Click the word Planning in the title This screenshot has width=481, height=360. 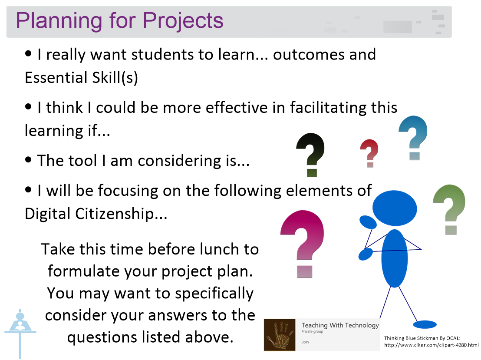pos(56,21)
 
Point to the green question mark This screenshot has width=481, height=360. pos(450,209)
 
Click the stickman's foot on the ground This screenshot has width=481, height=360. pos(424,324)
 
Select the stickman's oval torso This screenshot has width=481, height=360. pos(394,258)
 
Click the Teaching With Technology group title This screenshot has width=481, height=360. pos(340,325)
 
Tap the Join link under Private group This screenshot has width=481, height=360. pos(305,342)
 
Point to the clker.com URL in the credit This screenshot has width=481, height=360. pos(431,345)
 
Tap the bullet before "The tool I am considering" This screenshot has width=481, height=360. pos(29,160)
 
